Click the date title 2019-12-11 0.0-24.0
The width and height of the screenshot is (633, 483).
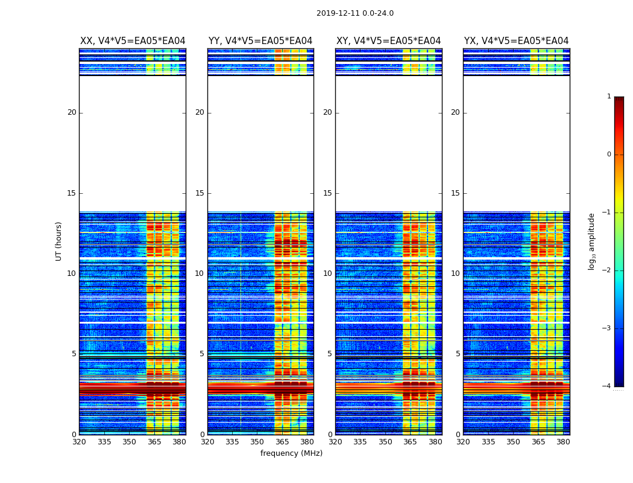pyautogui.click(x=354, y=13)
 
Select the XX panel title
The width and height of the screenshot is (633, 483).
pyautogui.click(x=133, y=41)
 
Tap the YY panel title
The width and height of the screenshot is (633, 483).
pyautogui.click(x=260, y=41)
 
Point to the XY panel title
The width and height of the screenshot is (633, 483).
pyautogui.click(x=388, y=41)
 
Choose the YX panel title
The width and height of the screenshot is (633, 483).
pyautogui.click(x=516, y=41)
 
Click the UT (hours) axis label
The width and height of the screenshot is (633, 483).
pyautogui.click(x=59, y=241)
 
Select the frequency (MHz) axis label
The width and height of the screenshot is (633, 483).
pyautogui.click(x=291, y=453)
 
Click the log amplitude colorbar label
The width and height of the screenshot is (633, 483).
pyautogui.click(x=592, y=241)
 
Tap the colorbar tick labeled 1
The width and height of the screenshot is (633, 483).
pyautogui.click(x=609, y=97)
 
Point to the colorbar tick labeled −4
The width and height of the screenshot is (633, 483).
pyautogui.click(x=608, y=386)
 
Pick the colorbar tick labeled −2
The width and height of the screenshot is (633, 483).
pyautogui.click(x=608, y=270)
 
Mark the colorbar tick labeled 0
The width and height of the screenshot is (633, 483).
pyautogui.click(x=609, y=155)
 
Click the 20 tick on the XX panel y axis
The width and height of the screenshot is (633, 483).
pyautogui.click(x=72, y=112)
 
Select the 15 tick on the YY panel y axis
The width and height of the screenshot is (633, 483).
pyautogui.click(x=200, y=193)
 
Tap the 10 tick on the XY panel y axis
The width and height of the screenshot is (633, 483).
pyautogui.click(x=327, y=273)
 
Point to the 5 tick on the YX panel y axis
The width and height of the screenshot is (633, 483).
pyautogui.click(x=458, y=354)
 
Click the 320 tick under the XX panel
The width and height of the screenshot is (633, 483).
pyautogui.click(x=79, y=442)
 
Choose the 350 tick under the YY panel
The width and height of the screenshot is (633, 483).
pyautogui.click(x=257, y=442)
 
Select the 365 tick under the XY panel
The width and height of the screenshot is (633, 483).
pyautogui.click(x=410, y=442)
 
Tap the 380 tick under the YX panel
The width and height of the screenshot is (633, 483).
pyautogui.click(x=563, y=442)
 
